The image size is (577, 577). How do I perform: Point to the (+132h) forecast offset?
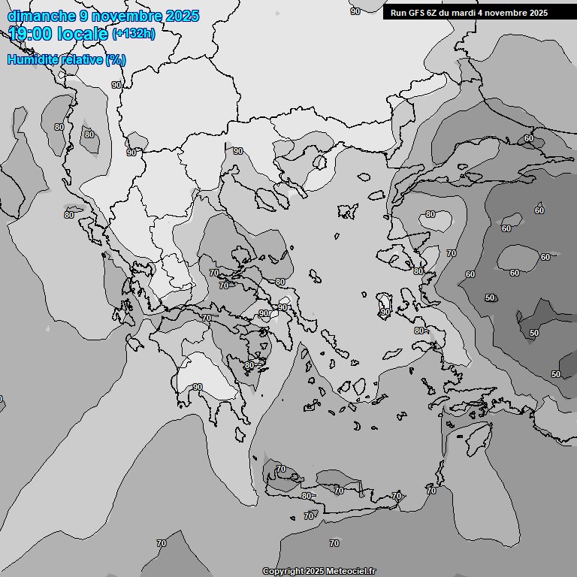(133, 34)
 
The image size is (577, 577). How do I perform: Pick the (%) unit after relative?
(115, 59)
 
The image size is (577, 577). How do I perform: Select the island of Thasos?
(319, 162)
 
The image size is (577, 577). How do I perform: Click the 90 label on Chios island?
(384, 310)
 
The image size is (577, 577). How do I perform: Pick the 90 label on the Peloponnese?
(198, 387)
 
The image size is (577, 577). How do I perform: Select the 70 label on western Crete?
(281, 470)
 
